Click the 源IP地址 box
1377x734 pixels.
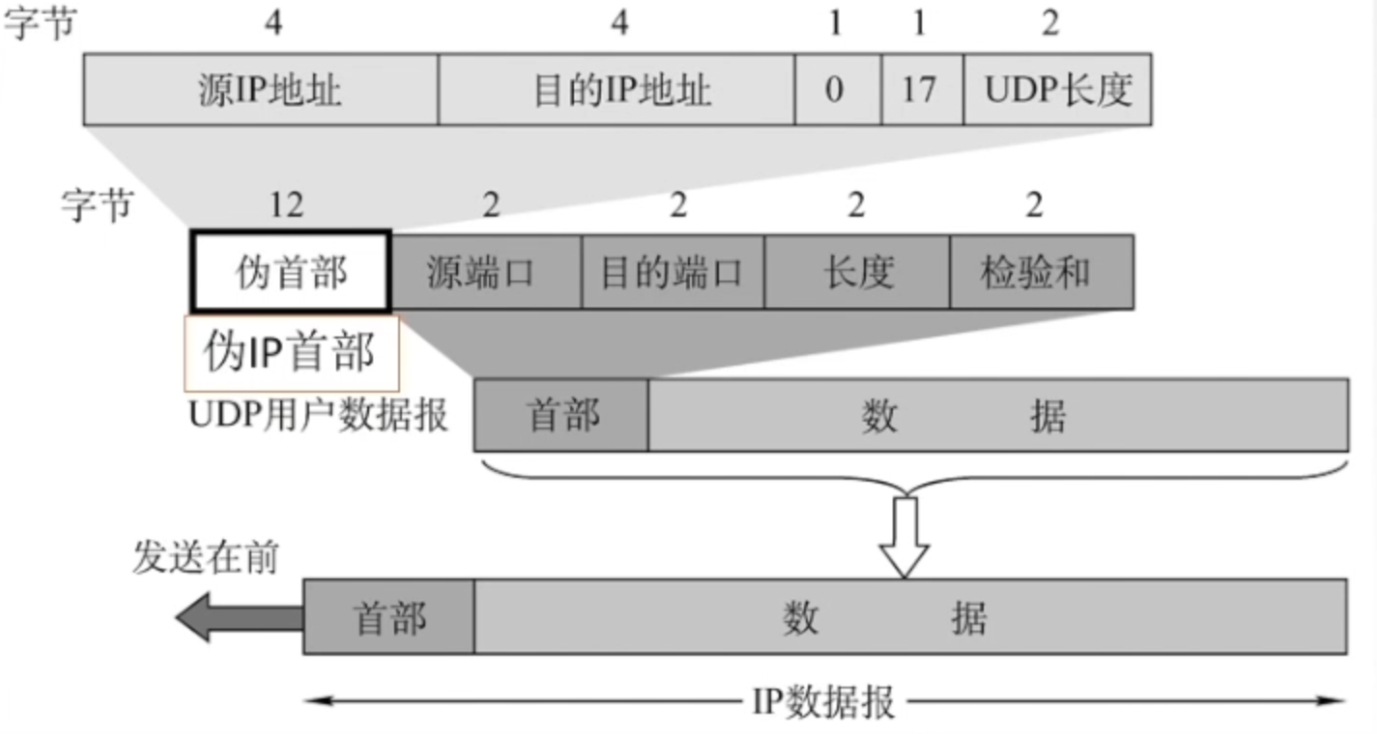pyautogui.click(x=261, y=90)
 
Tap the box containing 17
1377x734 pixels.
pyautogui.click(x=922, y=90)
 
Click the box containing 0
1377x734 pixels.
pyautogui.click(x=837, y=90)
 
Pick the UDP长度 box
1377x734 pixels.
pyautogui.click(x=1057, y=90)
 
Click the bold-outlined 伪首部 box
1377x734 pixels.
pyautogui.click(x=291, y=272)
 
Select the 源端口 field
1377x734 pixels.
pyautogui.click(x=486, y=272)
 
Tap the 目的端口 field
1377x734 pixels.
pyautogui.click(x=673, y=272)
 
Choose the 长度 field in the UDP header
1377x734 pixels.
pyautogui.click(x=856, y=272)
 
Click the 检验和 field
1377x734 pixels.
pyautogui.click(x=1041, y=272)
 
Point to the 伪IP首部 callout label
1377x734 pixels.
pyautogui.click(x=291, y=352)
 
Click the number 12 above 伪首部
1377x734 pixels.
pyautogui.click(x=286, y=205)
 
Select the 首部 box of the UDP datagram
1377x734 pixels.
pyautogui.click(x=561, y=415)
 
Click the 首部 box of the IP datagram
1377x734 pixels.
pyautogui.click(x=389, y=617)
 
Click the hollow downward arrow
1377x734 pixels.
pyautogui.click(x=904, y=537)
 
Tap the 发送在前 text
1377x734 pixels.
pyautogui.click(x=205, y=558)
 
